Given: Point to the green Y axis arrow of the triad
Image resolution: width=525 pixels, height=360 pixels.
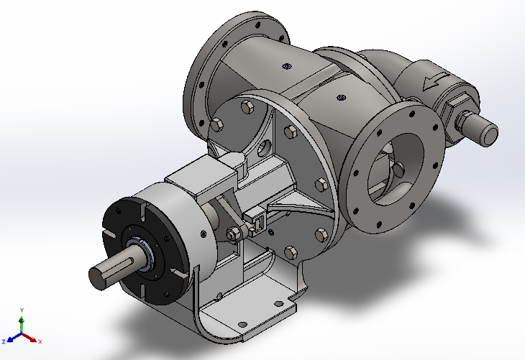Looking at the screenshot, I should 21,320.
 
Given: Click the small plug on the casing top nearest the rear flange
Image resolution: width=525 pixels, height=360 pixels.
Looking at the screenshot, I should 286,68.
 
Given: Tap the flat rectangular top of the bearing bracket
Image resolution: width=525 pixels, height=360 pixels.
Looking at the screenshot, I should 201,170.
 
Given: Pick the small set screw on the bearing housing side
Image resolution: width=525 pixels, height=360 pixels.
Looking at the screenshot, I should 204,234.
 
